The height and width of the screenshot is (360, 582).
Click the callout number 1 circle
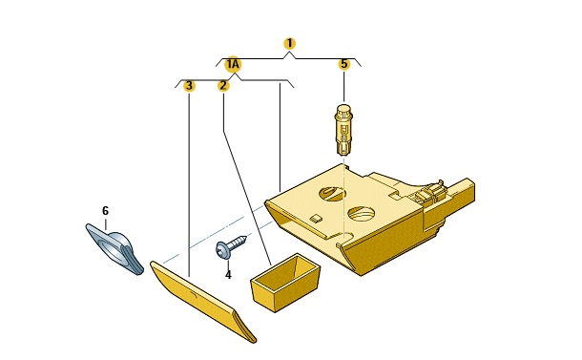pyautogui.click(x=289, y=44)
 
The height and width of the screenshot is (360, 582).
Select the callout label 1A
pyautogui.click(x=233, y=65)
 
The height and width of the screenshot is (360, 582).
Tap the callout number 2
pyautogui.click(x=223, y=86)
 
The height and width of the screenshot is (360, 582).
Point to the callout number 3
pyautogui.click(x=189, y=86)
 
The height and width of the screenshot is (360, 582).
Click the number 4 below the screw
pyautogui.click(x=228, y=275)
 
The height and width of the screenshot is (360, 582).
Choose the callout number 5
pyautogui.click(x=344, y=64)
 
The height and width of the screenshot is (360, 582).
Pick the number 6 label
pyautogui.click(x=105, y=211)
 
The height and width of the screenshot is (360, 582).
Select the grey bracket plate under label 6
pyautogui.click(x=114, y=248)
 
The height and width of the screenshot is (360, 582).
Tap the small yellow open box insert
pyautogui.click(x=285, y=283)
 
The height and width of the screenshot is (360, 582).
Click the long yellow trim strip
pyautogui.click(x=203, y=301)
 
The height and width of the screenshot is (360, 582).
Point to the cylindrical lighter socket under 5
pyautogui.click(x=344, y=129)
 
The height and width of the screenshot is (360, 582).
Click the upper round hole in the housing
pyautogui.click(x=332, y=193)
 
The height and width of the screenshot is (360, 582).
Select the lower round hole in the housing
pyautogui.click(x=361, y=214)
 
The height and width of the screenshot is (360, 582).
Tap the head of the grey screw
pyautogui.click(x=222, y=249)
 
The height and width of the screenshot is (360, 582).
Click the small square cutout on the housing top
pyautogui.click(x=316, y=219)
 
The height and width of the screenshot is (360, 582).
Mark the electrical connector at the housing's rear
pyautogui.click(x=430, y=193)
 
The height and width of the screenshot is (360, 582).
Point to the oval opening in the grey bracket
pyautogui.click(x=112, y=248)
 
